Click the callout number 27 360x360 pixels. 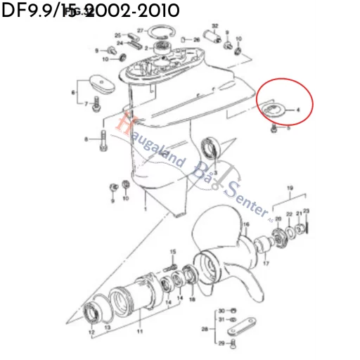(x=141, y=30)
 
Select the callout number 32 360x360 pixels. (x=214, y=27)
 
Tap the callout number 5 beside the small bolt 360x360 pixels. (x=288, y=129)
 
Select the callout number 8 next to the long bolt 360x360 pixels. (x=86, y=140)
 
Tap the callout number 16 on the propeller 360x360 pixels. (x=246, y=225)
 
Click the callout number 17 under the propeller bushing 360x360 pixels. (x=266, y=264)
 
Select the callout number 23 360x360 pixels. (x=306, y=212)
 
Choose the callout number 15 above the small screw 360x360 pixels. (x=173, y=252)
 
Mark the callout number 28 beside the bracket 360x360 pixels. (x=205, y=328)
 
